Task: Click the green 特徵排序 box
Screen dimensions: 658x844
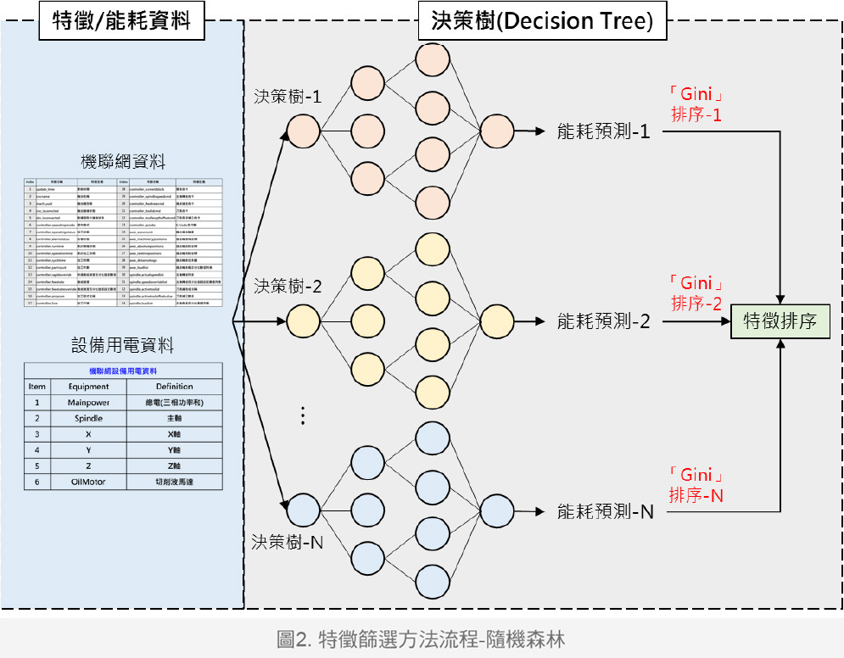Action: coord(780,321)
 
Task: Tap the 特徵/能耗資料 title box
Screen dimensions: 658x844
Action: coord(122,22)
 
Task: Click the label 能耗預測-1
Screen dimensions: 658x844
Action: coord(602,131)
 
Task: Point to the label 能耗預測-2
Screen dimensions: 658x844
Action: coord(602,321)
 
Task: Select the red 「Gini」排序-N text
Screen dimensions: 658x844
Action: coord(696,485)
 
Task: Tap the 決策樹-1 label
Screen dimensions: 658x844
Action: coord(288,97)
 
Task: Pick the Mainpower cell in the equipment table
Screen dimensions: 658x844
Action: coord(89,403)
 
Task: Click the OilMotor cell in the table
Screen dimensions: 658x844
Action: coord(89,482)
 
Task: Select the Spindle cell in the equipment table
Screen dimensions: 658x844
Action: coord(89,419)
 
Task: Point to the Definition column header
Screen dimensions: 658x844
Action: coord(175,387)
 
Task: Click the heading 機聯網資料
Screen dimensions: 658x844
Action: coord(123,162)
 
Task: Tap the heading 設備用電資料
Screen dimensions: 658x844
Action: coord(123,345)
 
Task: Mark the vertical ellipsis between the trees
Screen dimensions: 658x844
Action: coord(302,415)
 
